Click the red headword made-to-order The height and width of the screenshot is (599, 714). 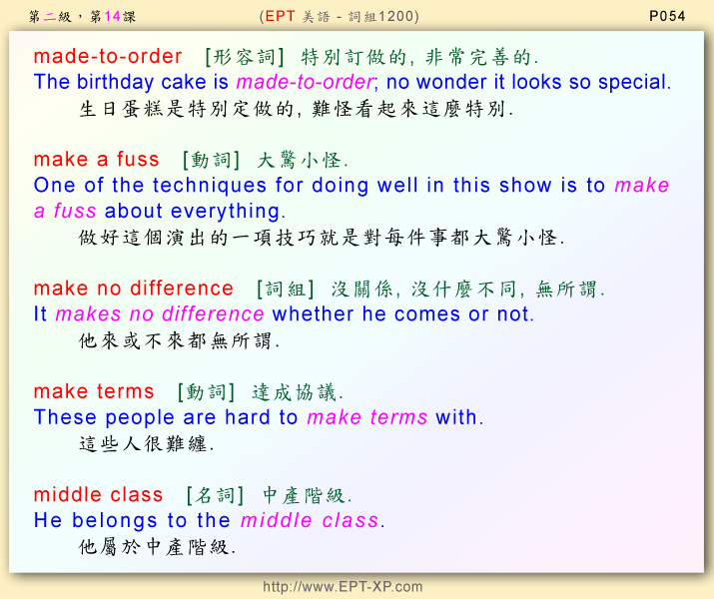click(x=108, y=57)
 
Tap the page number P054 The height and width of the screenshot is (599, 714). click(x=667, y=16)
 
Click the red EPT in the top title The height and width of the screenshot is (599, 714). click(x=280, y=16)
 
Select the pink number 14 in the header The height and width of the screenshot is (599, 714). click(x=112, y=17)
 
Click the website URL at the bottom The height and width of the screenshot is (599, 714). click(x=343, y=586)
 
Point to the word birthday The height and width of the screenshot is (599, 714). click(x=115, y=83)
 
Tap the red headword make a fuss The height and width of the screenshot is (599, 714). click(x=97, y=160)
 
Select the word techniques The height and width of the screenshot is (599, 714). click(x=210, y=186)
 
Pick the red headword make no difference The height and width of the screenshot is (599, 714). click(x=134, y=289)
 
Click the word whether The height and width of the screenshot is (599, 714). click(x=313, y=314)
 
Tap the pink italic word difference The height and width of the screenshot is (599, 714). click(x=213, y=314)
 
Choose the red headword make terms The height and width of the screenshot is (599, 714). click(x=94, y=392)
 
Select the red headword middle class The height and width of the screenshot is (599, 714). click(x=98, y=495)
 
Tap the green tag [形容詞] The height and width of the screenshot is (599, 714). click(x=245, y=57)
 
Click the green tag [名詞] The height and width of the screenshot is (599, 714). click(x=215, y=496)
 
